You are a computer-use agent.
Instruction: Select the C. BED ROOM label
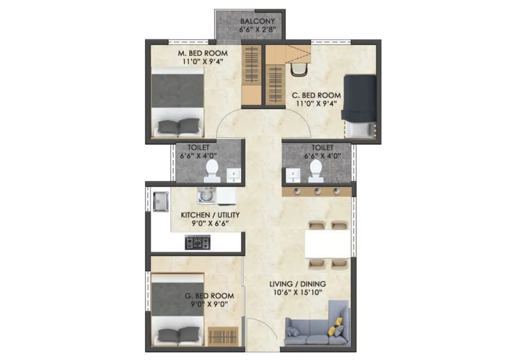[316, 95]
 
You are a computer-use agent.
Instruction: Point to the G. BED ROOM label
[209, 296]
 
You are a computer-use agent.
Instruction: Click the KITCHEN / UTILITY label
[209, 215]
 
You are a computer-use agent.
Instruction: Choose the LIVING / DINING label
[297, 283]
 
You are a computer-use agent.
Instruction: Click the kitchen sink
[160, 201]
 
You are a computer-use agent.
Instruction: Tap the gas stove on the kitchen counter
[198, 242]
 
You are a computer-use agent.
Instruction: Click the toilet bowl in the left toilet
[211, 169]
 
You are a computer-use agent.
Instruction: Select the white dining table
[326, 244]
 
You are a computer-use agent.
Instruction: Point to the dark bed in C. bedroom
[359, 103]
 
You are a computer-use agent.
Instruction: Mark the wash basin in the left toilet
[234, 175]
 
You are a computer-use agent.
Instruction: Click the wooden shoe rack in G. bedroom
[223, 336]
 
